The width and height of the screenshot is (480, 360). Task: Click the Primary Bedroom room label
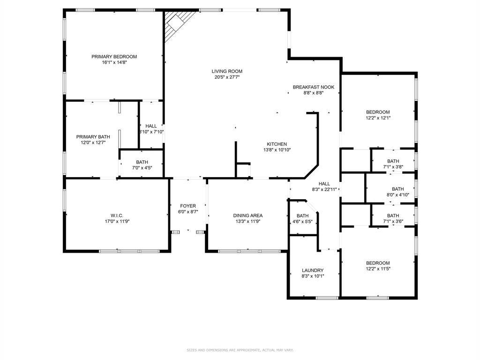point(114,57)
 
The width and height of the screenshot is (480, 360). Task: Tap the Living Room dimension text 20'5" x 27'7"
point(227,77)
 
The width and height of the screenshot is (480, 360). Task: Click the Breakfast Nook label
point(314,87)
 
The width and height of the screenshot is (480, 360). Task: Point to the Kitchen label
point(277,144)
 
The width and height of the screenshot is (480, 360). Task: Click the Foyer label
point(188,206)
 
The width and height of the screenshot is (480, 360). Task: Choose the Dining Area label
point(248,216)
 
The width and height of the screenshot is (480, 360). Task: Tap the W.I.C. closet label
point(117,216)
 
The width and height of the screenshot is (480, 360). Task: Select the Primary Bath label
point(93,137)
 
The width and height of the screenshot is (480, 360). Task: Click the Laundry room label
point(313,270)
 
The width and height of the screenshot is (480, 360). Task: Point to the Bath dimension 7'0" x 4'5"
point(142,168)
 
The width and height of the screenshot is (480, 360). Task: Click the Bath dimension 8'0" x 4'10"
point(398,195)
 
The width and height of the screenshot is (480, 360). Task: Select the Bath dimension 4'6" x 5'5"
point(302,222)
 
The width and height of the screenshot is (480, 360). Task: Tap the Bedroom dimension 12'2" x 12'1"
point(378,118)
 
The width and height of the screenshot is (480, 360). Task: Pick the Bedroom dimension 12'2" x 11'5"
point(378,269)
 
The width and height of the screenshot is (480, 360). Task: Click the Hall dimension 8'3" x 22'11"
point(324,189)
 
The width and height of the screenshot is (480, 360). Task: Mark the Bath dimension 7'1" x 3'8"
point(393,167)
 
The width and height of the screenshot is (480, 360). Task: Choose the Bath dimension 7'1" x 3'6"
point(393,221)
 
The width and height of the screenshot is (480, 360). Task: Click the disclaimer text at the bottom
point(240,350)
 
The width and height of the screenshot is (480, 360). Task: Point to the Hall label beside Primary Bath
point(151,126)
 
